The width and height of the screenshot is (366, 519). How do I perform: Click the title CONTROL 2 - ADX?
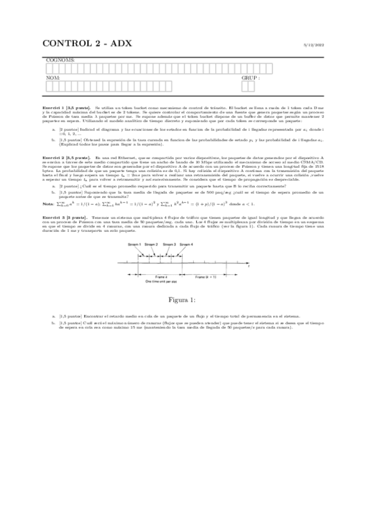(87, 43)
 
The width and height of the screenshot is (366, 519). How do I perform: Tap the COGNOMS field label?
(60, 60)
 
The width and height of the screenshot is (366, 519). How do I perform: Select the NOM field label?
(53, 78)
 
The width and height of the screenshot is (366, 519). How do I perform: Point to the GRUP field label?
(250, 78)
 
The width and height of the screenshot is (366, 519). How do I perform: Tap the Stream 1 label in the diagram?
(134, 244)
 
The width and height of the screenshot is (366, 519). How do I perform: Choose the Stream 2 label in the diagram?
(152, 244)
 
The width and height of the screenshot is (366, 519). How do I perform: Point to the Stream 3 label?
(169, 244)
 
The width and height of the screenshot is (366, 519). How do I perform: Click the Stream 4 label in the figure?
(186, 244)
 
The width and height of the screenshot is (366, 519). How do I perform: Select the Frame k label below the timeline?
(161, 277)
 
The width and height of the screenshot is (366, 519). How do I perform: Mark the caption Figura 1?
(183, 299)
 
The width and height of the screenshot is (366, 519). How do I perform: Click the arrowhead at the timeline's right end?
(246, 263)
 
